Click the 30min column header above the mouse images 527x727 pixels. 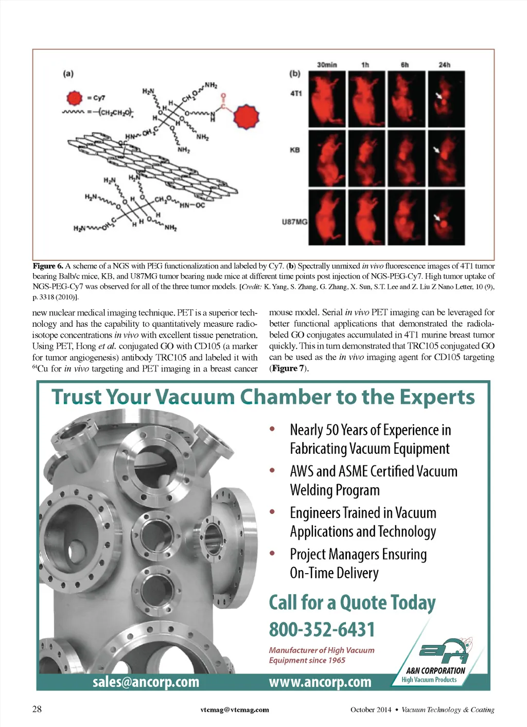pos(327,65)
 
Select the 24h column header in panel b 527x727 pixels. pos(444,65)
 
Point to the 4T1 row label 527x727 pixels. pos(296,94)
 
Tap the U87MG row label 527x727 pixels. pos(294,222)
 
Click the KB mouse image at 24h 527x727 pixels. pos(446,158)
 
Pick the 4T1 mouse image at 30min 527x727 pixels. pos(327,99)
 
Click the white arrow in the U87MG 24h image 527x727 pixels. pos(437,217)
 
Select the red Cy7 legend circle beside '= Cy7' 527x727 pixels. pos(75,97)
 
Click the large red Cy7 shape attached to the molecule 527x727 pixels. pos(246,117)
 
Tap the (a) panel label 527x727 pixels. pos(68,74)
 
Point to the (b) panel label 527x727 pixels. pos(294,74)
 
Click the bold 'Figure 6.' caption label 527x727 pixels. pos(48,266)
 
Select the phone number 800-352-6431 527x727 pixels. pos(322,629)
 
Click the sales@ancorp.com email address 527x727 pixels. pos(146,682)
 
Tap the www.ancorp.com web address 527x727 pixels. pos(320,682)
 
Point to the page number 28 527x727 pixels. pos(37,709)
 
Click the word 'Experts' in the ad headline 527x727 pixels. pos(437,397)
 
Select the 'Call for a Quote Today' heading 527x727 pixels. pos(352,602)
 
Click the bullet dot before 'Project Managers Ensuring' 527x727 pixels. pos(272,553)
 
